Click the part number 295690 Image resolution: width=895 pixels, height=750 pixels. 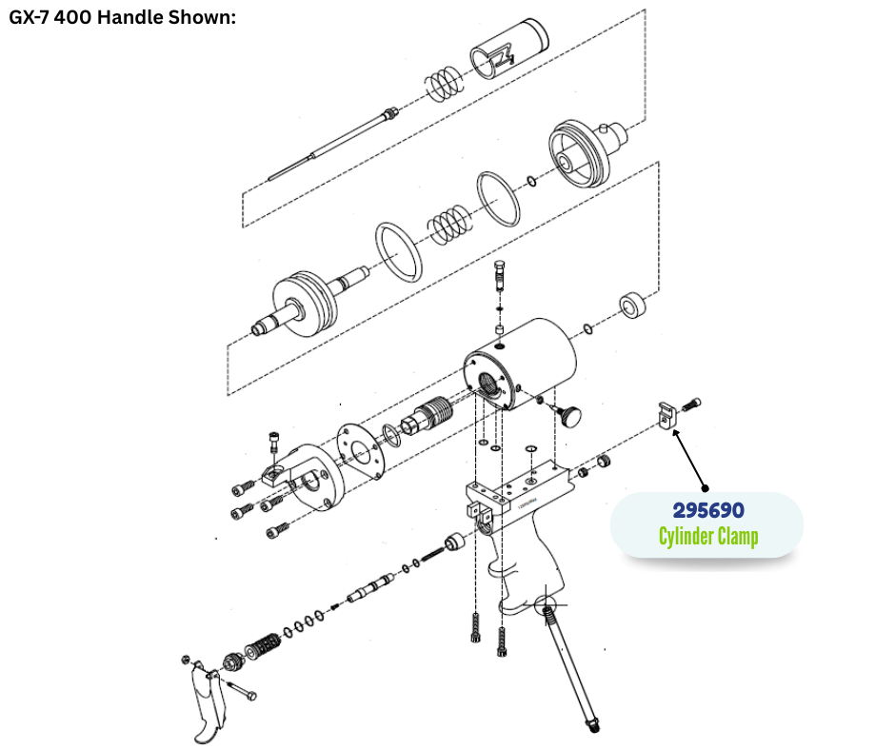click(707, 510)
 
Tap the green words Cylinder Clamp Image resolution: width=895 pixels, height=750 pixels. click(708, 537)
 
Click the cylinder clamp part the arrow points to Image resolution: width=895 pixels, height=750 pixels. click(666, 415)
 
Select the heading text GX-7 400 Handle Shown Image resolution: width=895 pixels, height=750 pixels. click(122, 17)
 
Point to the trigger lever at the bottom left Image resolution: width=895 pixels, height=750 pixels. click(207, 702)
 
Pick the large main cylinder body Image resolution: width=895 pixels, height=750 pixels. click(520, 365)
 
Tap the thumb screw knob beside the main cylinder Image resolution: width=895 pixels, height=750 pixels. click(568, 415)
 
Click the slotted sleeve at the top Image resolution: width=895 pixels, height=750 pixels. click(509, 49)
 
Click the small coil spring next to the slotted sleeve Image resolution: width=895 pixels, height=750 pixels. click(444, 85)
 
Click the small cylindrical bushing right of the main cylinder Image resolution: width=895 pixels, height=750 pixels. click(632, 306)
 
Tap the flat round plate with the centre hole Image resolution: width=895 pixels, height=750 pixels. click(359, 451)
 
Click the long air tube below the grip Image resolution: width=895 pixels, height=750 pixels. click(570, 669)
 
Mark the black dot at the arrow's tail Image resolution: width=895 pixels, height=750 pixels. click(706, 488)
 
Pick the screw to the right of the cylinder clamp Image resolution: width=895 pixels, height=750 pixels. click(690, 405)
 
